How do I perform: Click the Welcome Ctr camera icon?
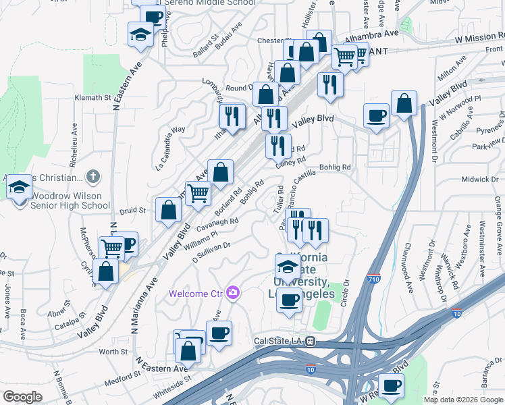click(233, 292)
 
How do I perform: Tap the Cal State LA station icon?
click(311, 342)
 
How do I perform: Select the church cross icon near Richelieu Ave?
click(94, 177)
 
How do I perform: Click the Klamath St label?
click(93, 98)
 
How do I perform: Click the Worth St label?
click(113, 352)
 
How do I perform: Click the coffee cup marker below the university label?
click(290, 300)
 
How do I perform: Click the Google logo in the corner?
click(22, 397)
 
